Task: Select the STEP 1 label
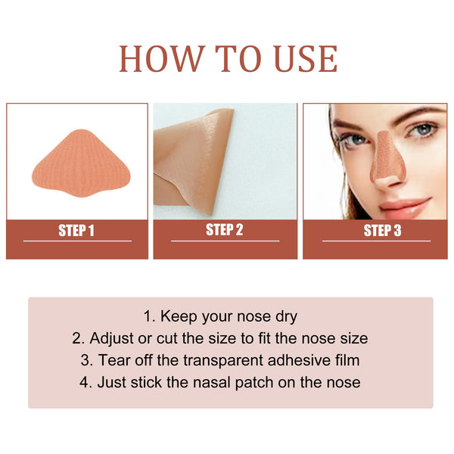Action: (x=76, y=231)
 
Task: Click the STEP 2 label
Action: (x=225, y=230)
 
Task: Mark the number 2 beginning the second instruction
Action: (x=77, y=338)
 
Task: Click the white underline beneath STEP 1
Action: (x=77, y=241)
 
